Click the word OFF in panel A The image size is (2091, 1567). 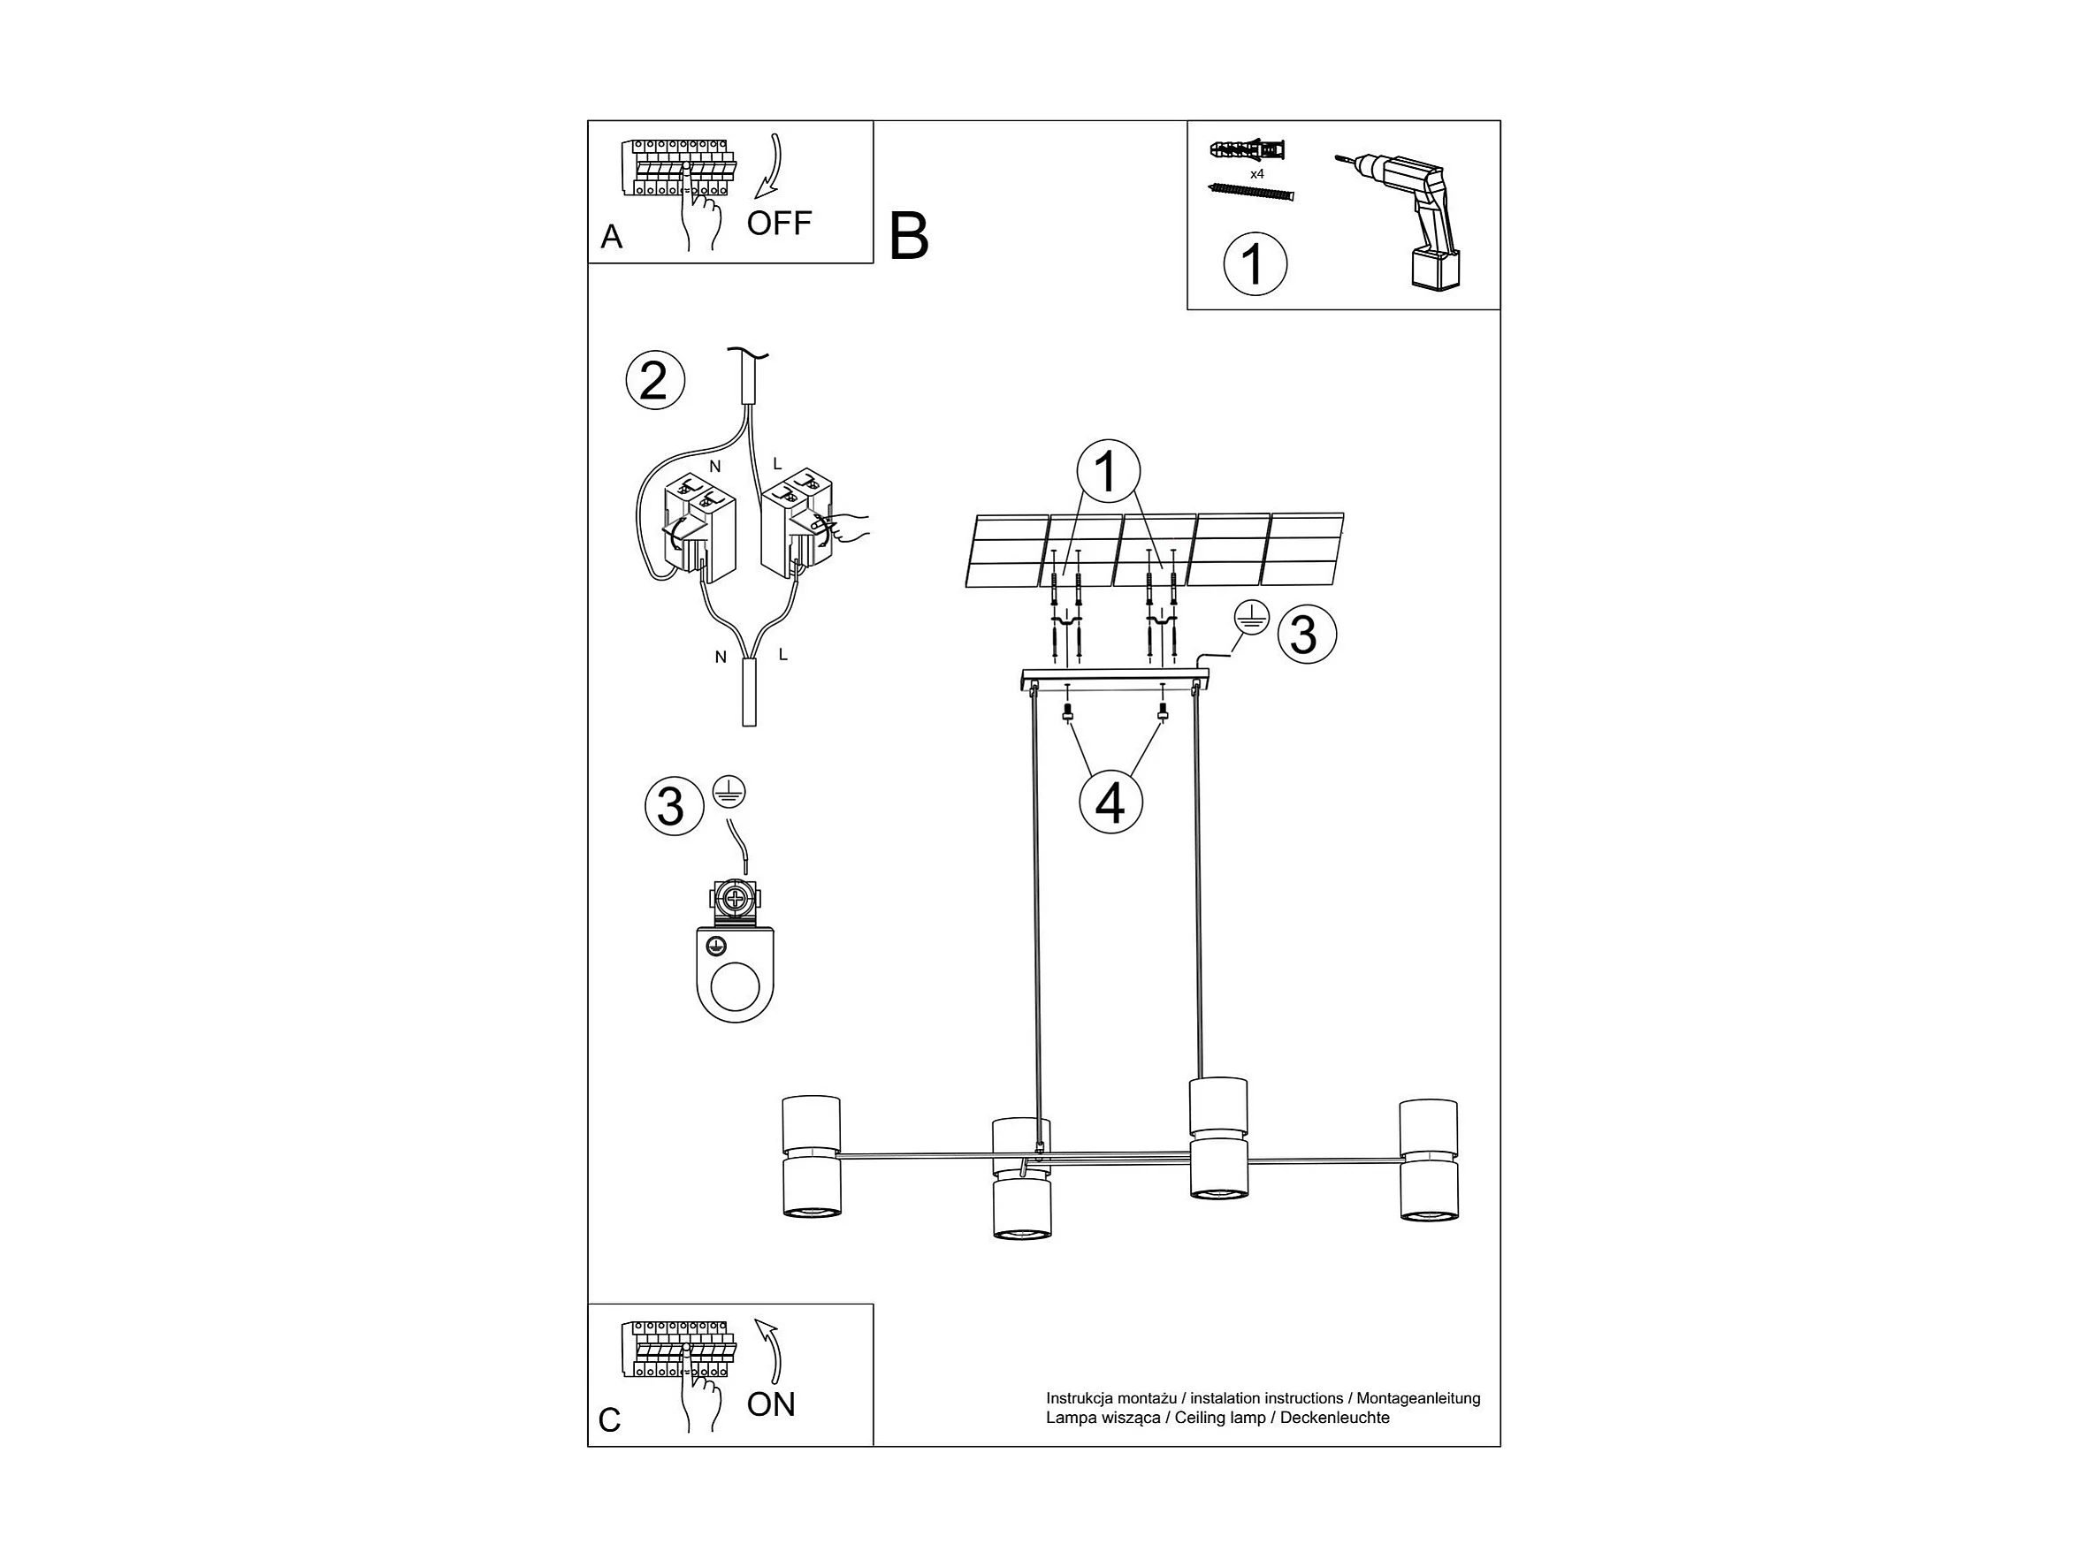778,224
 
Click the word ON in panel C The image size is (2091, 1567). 770,1404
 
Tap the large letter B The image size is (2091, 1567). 908,236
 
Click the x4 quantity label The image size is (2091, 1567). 1256,174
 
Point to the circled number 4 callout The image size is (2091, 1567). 1110,803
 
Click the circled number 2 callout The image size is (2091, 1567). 654,381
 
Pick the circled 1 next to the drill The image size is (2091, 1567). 1255,263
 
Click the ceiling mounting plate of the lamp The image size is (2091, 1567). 1116,679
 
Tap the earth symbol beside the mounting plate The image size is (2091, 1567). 1249,619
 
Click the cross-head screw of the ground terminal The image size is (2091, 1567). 734,899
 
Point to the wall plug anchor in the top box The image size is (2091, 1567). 1247,150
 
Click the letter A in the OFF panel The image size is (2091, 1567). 612,236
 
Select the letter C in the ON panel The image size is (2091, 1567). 610,1419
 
